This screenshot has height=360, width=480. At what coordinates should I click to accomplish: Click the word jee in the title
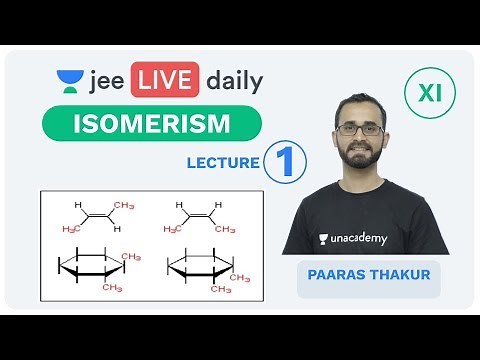click(x=106, y=81)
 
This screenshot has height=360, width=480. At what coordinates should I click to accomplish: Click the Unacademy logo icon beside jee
click(x=68, y=80)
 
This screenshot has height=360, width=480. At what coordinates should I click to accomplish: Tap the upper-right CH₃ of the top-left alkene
click(x=125, y=205)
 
